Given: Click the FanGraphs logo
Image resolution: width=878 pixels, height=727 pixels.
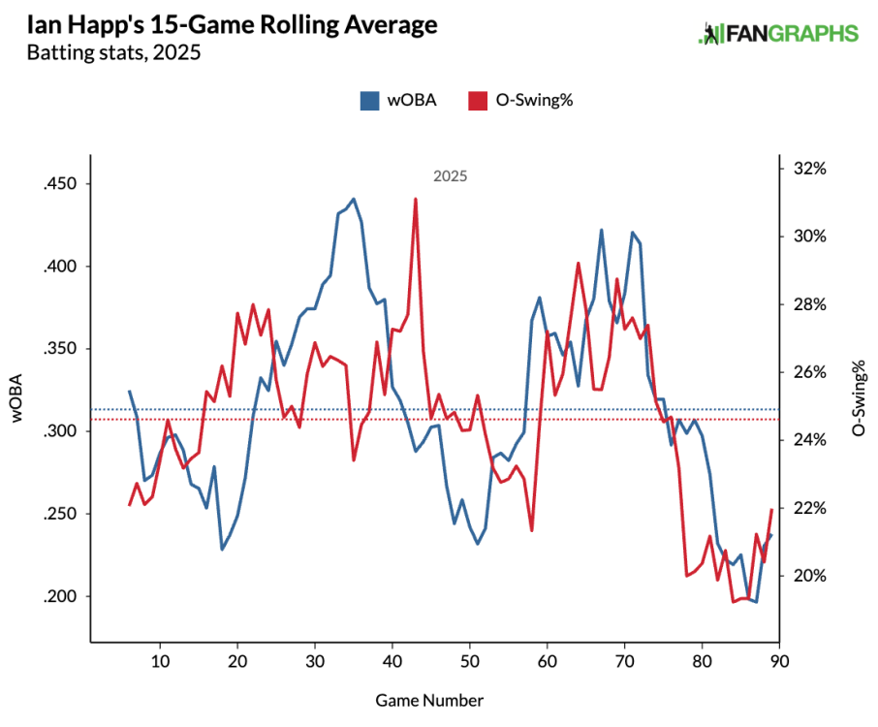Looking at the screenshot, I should tap(778, 33).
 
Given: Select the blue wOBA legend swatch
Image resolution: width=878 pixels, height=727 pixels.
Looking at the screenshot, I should tap(369, 100).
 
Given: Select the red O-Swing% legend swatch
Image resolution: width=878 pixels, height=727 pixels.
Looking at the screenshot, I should tap(477, 100).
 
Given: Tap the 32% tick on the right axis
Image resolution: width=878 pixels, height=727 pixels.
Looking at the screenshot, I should tap(808, 169).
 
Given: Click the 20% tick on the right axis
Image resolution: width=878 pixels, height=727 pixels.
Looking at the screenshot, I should tap(808, 576).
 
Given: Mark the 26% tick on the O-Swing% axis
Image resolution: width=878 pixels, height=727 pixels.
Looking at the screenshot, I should tap(808, 372).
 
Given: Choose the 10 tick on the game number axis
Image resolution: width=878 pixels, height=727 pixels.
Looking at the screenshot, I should tap(160, 662).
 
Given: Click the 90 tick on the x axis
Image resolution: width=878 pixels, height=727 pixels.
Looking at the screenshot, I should tap(779, 662).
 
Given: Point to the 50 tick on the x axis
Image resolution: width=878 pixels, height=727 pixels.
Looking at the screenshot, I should tap(469, 662).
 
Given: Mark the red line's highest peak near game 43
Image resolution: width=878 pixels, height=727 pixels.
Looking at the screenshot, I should tap(416, 199).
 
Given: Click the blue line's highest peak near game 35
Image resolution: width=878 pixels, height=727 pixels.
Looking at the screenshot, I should tap(353, 199).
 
